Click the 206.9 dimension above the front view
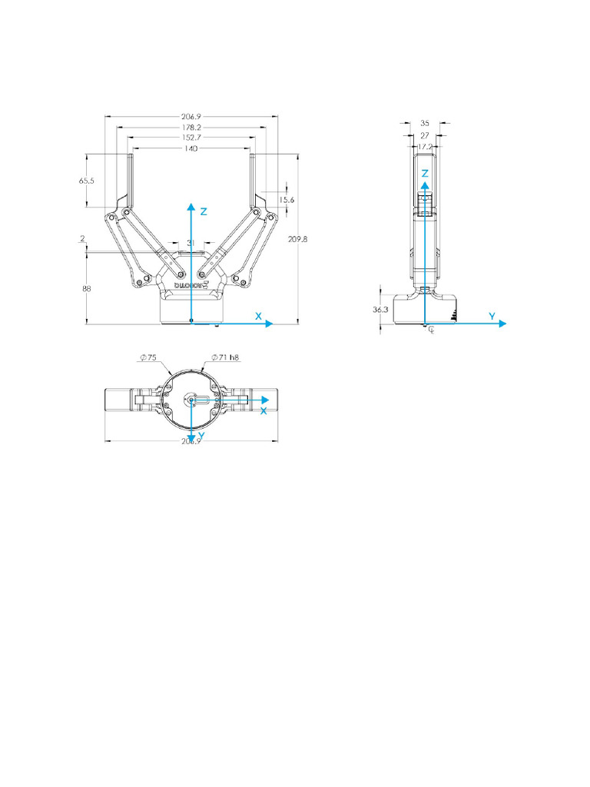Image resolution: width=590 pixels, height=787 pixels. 191,116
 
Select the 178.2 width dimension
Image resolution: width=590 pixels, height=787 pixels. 191,127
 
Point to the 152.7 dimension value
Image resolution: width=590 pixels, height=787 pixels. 191,138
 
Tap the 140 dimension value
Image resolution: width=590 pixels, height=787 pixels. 191,148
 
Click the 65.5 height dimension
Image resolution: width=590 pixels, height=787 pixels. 86,181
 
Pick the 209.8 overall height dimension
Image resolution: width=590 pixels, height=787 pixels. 297,239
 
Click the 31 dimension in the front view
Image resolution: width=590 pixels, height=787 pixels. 191,242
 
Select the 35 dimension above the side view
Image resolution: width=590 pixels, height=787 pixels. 426,122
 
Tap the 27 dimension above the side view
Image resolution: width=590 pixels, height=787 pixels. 426,134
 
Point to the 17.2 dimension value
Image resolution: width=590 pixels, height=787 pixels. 426,145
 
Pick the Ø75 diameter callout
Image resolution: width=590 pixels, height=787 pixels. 147,357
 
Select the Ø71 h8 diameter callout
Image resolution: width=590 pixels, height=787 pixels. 226,357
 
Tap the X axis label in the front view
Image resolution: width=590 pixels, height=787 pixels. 259,316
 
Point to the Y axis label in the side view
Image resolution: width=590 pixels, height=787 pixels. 492,316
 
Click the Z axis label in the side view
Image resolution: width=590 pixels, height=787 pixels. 425,174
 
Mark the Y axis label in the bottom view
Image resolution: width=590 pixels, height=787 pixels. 201,436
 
